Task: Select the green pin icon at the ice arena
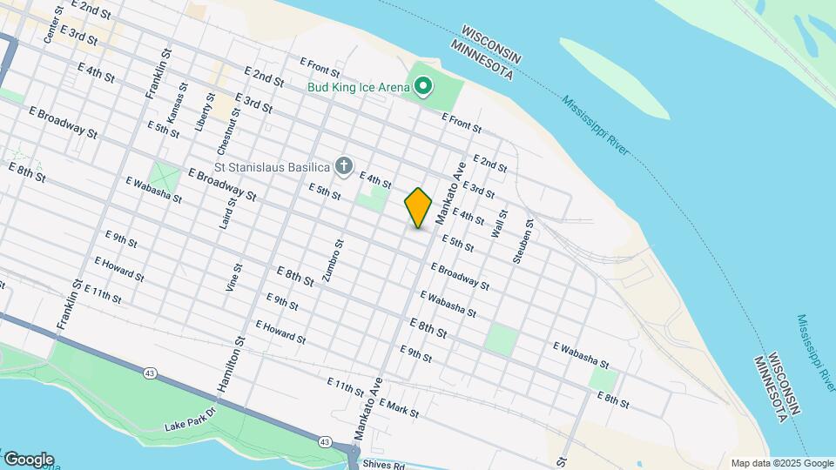(422, 85)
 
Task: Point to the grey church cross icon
(344, 165)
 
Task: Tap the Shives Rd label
(383, 466)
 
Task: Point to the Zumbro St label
(328, 261)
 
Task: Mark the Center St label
(53, 25)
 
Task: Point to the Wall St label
(500, 224)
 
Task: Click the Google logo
(28, 460)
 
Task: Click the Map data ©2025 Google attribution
(781, 463)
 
